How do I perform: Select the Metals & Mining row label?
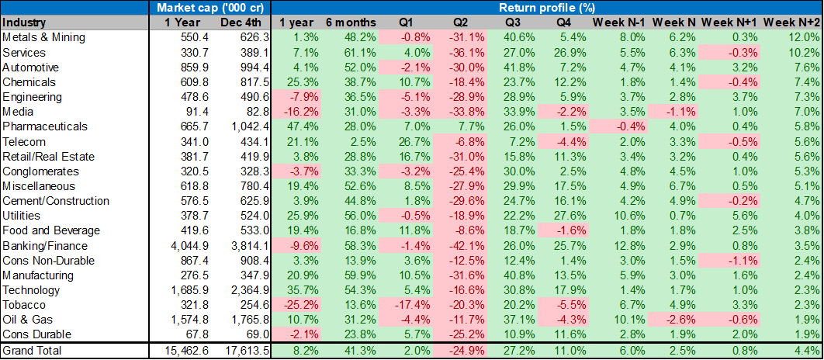click(43, 37)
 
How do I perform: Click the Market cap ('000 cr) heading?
click(208, 8)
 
